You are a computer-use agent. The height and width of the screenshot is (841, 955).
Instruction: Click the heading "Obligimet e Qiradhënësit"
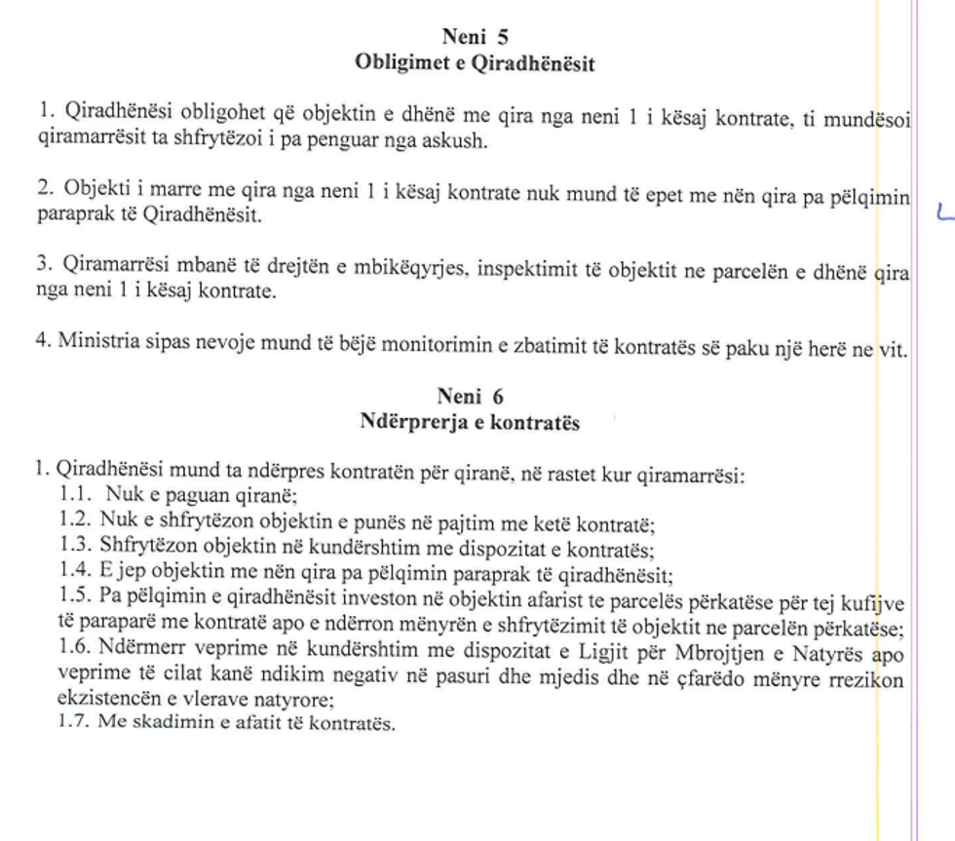click(x=477, y=64)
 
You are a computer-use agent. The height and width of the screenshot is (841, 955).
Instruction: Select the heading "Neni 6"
click(x=471, y=397)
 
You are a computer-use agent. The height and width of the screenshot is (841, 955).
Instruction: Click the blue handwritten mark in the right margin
click(x=942, y=213)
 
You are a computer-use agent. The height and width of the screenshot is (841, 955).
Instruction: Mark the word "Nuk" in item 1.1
click(x=123, y=493)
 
